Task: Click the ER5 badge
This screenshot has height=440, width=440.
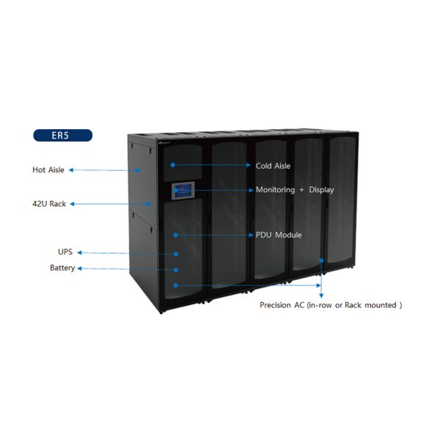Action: (x=62, y=135)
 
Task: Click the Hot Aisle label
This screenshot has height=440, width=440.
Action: (x=48, y=170)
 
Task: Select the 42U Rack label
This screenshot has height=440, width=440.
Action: (x=48, y=204)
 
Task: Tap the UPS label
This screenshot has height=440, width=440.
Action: (x=65, y=252)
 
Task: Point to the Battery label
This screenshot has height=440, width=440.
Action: (x=62, y=268)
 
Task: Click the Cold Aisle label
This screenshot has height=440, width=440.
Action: (x=273, y=166)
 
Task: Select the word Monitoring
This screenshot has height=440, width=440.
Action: (x=275, y=190)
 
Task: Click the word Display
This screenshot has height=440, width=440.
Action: (x=321, y=190)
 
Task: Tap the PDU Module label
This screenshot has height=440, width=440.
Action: (x=279, y=235)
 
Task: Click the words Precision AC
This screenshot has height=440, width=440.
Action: (x=282, y=304)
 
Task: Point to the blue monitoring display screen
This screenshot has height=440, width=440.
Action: (x=182, y=191)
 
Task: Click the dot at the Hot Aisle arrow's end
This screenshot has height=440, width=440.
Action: (x=137, y=170)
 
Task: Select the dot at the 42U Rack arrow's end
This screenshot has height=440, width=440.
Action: (x=148, y=204)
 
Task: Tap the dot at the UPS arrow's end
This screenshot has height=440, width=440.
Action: (x=176, y=253)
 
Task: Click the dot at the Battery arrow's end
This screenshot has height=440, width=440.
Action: (x=176, y=269)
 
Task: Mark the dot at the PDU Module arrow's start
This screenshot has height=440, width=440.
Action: (x=176, y=235)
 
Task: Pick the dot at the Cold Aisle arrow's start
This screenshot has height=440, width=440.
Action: (x=174, y=166)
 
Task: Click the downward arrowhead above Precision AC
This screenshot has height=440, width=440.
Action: (x=321, y=295)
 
